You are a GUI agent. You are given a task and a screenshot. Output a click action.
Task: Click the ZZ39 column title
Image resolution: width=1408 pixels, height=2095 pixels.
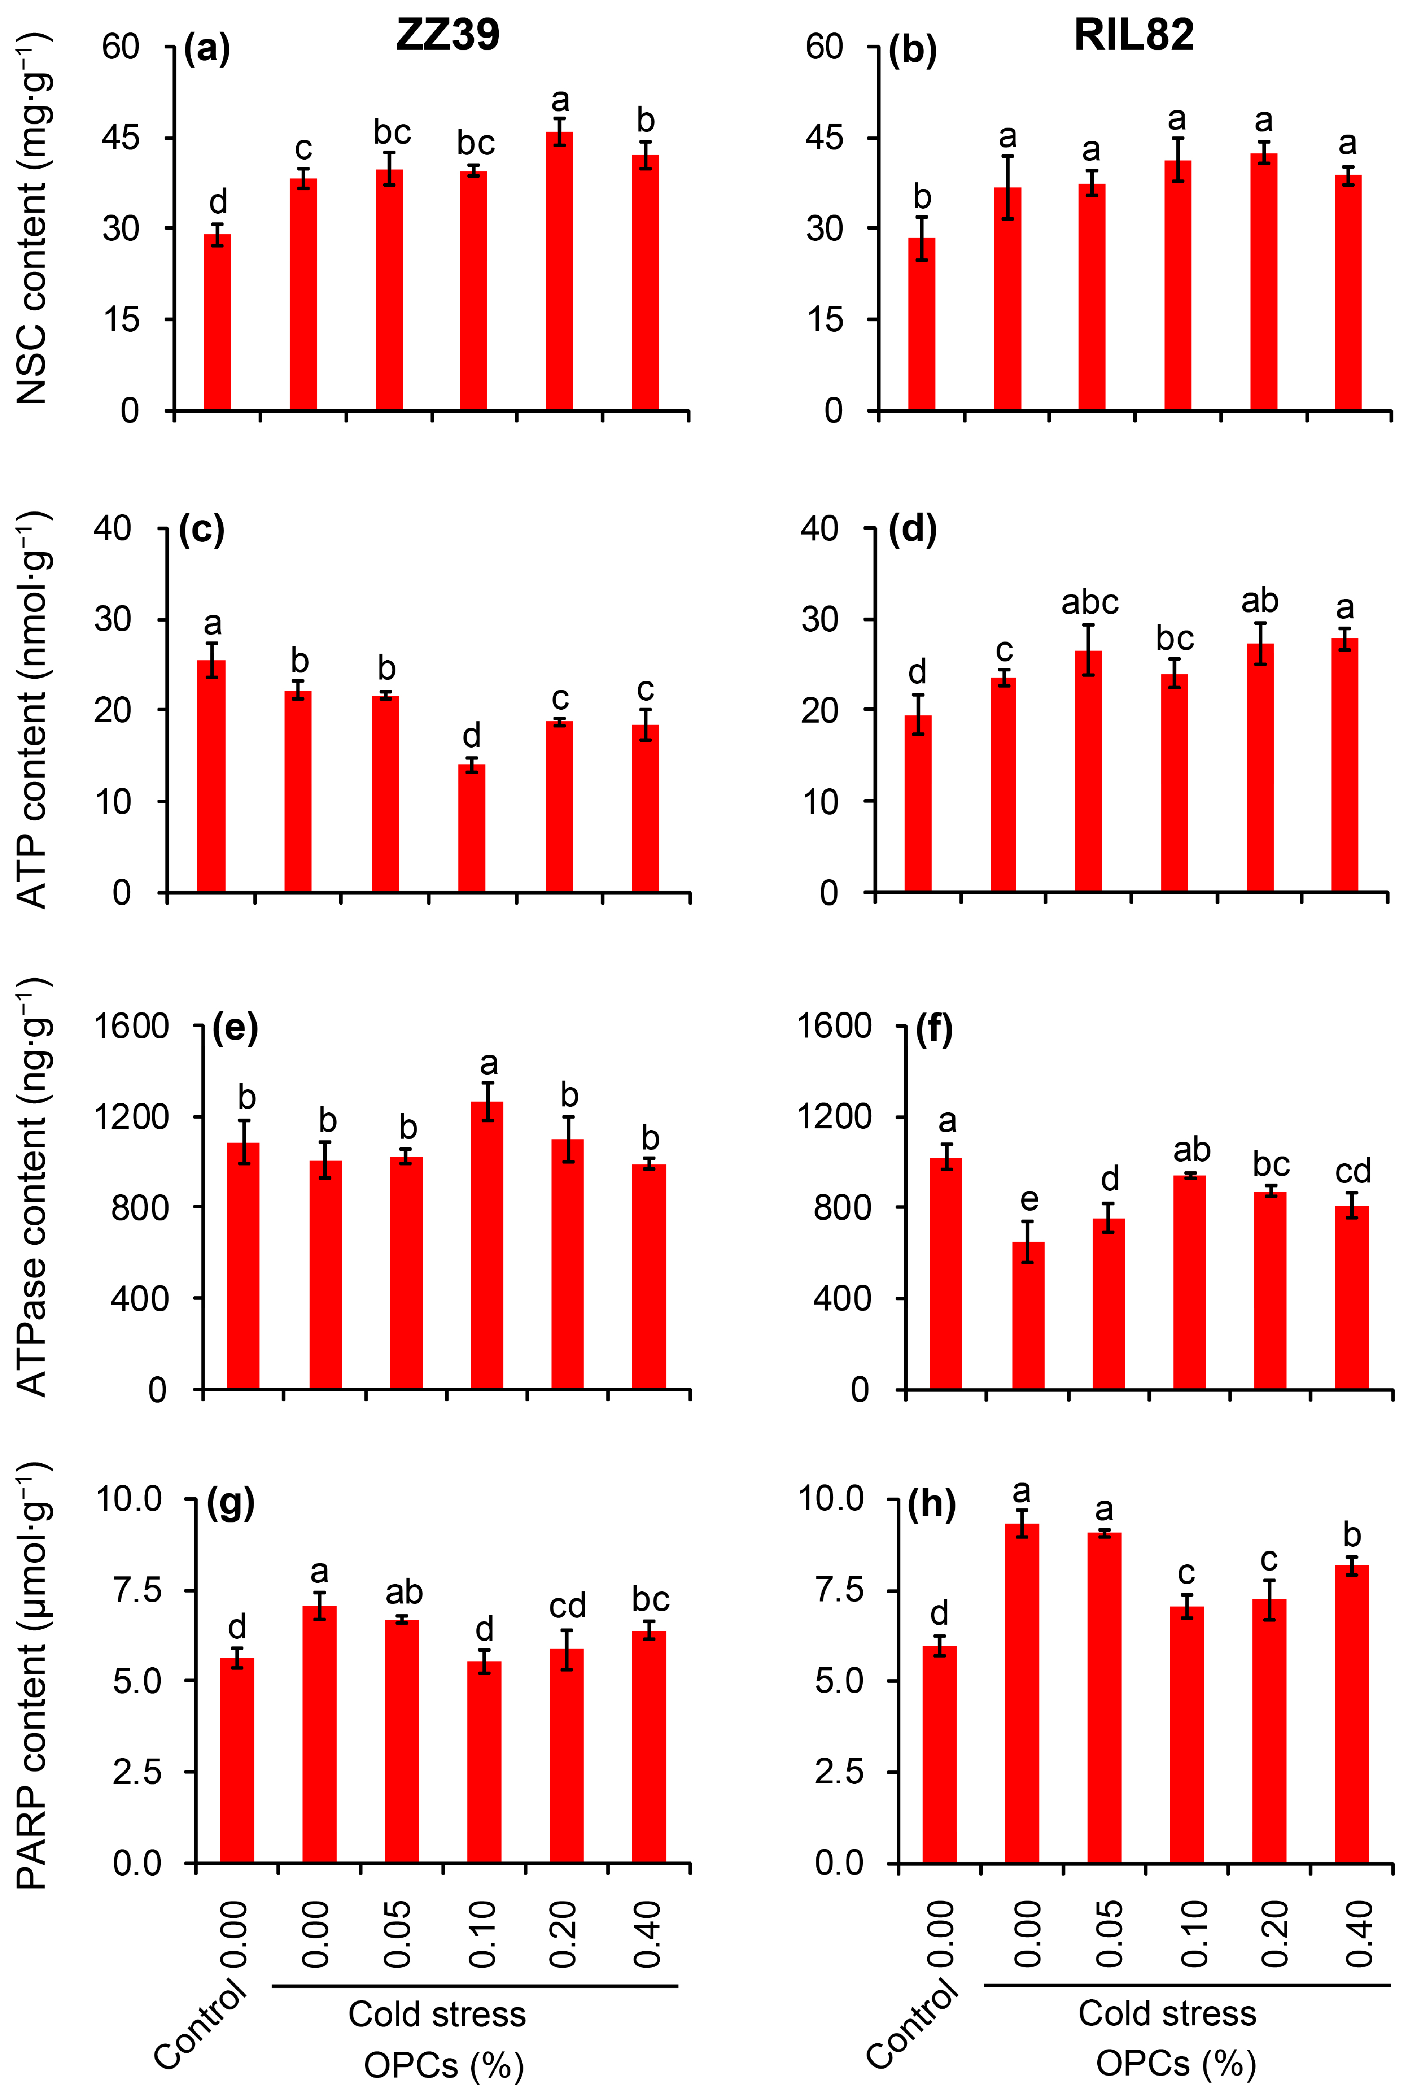click(447, 36)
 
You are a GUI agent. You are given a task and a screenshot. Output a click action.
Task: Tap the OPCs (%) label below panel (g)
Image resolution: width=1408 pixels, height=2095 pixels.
click(443, 2065)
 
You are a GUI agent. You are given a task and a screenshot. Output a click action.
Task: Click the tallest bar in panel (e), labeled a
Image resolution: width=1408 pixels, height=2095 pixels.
click(487, 1246)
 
